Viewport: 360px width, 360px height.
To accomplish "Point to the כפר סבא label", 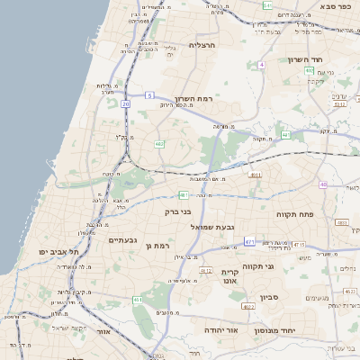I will (x=339, y=5).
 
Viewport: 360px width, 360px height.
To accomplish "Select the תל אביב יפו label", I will (x=54, y=251).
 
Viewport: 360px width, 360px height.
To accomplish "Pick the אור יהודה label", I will (x=219, y=330).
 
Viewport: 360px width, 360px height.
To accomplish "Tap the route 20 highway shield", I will (x=126, y=104).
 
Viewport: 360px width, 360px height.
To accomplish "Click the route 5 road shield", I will (x=150, y=94).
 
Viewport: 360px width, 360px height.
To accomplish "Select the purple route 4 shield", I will (x=262, y=65).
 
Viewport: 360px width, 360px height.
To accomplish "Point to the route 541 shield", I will (x=267, y=5).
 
